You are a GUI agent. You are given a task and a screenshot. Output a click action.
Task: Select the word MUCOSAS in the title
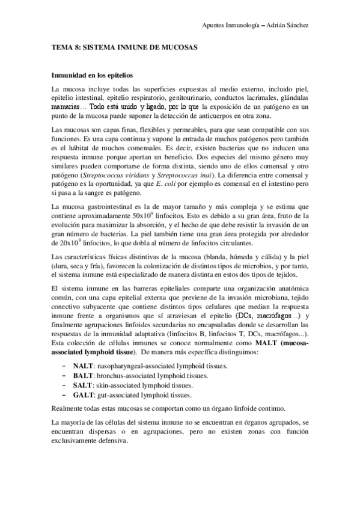(x=178, y=46)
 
